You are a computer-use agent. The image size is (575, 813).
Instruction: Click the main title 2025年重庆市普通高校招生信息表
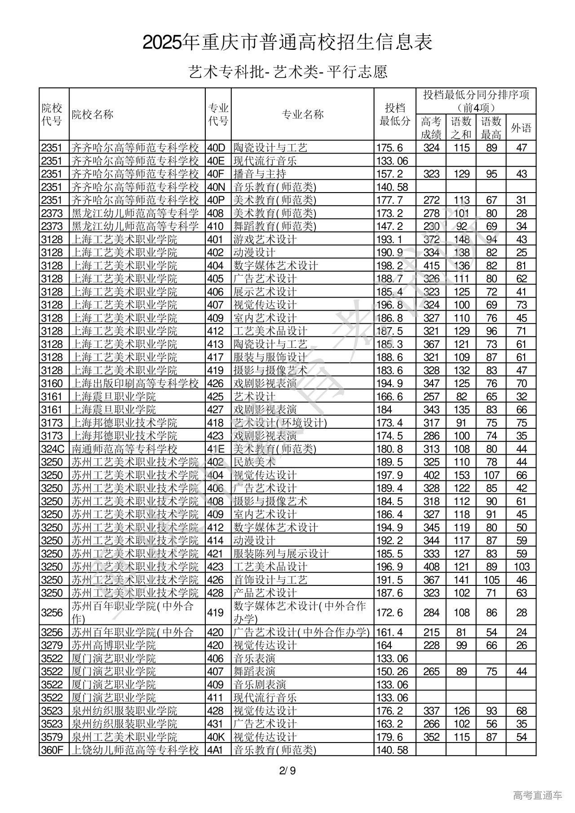(x=287, y=43)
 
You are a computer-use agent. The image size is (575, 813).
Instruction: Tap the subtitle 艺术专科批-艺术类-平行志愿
(x=287, y=72)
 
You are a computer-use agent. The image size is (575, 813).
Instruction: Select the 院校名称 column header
(x=93, y=114)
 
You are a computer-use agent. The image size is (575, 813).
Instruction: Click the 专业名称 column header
(x=302, y=114)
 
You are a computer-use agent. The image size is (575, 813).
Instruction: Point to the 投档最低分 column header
(x=395, y=114)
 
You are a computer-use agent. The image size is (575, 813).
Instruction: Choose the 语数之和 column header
(x=461, y=127)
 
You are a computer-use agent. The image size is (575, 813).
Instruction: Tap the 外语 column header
(x=521, y=128)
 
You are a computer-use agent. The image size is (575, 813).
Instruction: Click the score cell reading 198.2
(x=389, y=266)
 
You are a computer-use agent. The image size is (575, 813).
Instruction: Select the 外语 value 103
(x=521, y=567)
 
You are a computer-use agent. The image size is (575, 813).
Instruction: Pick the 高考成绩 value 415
(x=431, y=266)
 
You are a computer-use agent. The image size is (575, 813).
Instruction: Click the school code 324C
(x=53, y=449)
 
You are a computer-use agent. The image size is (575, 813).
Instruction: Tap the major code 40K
(x=216, y=737)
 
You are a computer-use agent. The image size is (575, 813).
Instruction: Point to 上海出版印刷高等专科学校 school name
(x=135, y=383)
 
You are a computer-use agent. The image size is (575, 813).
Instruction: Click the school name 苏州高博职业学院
(x=114, y=646)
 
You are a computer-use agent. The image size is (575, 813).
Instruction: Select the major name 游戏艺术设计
(x=265, y=239)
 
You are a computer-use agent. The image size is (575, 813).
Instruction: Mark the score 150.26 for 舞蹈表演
(x=392, y=672)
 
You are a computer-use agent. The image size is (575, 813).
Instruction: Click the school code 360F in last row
(x=53, y=750)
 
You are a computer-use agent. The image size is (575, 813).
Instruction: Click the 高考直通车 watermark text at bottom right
(x=537, y=795)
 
